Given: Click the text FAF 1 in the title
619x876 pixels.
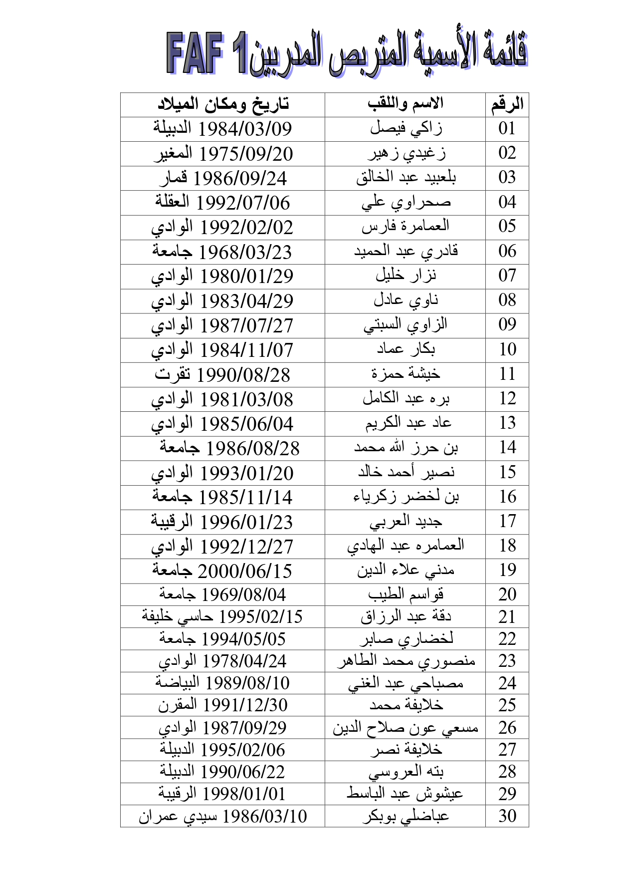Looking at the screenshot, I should coord(207,53).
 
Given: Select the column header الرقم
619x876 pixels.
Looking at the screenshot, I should coord(507,104).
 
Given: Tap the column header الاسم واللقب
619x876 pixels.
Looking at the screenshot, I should coord(405,104).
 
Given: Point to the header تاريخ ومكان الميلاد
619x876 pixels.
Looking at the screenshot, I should coord(223,104).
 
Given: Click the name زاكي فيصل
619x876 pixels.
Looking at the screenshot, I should coord(406,129).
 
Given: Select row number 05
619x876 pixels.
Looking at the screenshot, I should coord(507,227).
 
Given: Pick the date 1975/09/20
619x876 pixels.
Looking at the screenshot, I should coord(246,154).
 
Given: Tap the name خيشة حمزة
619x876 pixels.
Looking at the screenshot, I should coord(406,374).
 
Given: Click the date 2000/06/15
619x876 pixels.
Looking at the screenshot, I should coord(245,571).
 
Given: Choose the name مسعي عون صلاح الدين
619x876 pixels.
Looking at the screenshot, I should coord(406,728).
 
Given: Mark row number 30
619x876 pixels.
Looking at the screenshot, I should coord(507,816).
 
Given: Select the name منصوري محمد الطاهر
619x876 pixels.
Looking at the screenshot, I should coord(406,661).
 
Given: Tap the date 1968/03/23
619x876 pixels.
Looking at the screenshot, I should coord(245,252).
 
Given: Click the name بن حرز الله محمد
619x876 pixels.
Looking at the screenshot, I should coord(406,448).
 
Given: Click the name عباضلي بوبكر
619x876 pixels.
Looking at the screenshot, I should coord(406,816).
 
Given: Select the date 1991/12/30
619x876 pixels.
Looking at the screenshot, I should coord(245,705).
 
